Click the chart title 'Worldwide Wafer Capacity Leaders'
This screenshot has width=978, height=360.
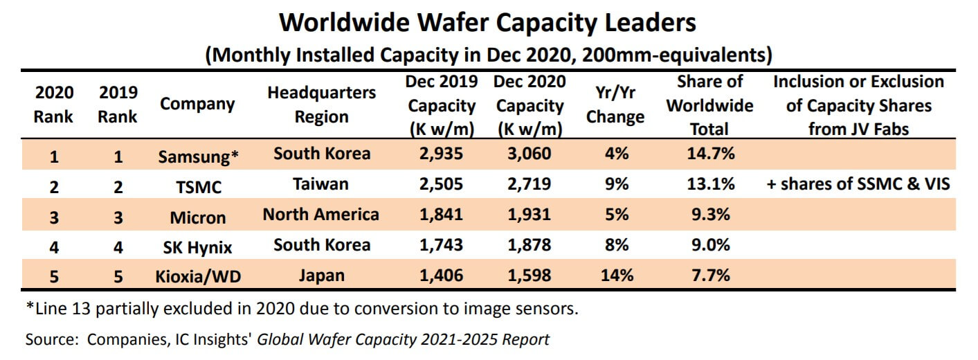pos(488,23)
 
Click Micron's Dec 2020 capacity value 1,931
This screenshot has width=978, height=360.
pos(529,215)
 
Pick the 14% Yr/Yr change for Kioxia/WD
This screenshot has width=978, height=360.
pos(615,276)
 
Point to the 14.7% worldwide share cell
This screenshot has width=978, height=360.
pos(709,154)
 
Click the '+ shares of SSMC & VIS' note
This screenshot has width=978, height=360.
pos(858,184)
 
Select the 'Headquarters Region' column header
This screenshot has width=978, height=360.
pos(321,105)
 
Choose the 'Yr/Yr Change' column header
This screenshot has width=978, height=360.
pos(615,105)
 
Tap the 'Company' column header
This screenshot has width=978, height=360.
pos(197,105)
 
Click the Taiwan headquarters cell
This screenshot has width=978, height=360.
pos(321,184)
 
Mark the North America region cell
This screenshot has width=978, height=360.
pos(321,215)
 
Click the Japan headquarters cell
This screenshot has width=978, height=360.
pos(321,276)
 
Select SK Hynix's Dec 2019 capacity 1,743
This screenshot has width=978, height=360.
pos(441,245)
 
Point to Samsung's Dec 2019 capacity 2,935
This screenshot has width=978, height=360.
pos(441,154)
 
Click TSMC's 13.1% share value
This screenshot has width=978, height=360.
pos(709,184)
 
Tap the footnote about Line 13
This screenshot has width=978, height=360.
pos(302,309)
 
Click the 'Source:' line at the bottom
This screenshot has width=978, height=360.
pos(287,340)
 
